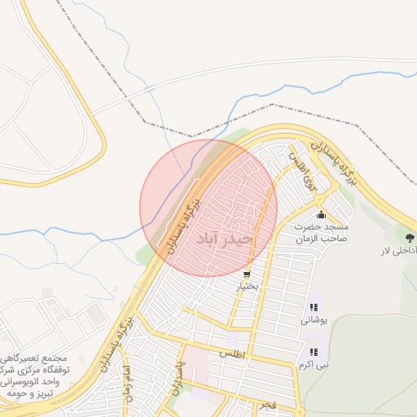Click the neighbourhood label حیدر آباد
[222, 238]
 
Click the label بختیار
[248, 287]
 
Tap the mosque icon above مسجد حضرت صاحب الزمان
[321, 216]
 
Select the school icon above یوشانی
[314, 307]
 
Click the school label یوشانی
[314, 320]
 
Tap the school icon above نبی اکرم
[313, 352]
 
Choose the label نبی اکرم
[313, 365]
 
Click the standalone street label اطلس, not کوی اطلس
[231, 353]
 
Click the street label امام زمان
[126, 380]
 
